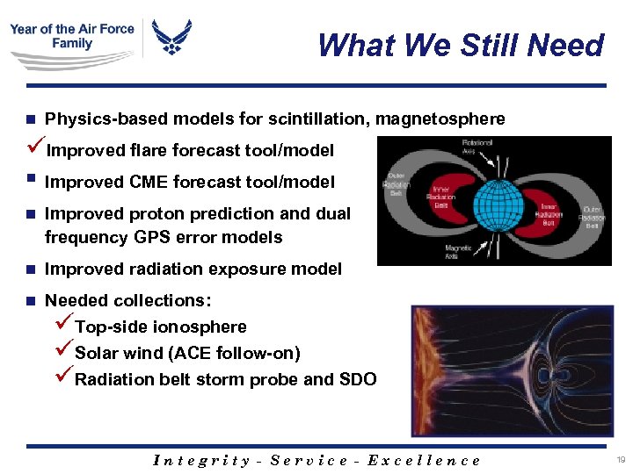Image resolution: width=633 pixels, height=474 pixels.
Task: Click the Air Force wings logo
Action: (172, 37)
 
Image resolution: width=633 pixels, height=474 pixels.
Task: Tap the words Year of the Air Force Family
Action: (72, 36)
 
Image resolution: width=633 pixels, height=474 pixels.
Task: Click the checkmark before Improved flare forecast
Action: (36, 149)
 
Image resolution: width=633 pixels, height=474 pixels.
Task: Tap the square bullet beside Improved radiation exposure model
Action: (31, 269)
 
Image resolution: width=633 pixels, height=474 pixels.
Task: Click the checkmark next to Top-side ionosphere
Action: (65, 326)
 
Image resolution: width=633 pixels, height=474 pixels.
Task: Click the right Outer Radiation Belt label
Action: (593, 216)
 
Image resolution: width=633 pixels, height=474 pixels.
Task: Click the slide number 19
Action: (621, 459)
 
